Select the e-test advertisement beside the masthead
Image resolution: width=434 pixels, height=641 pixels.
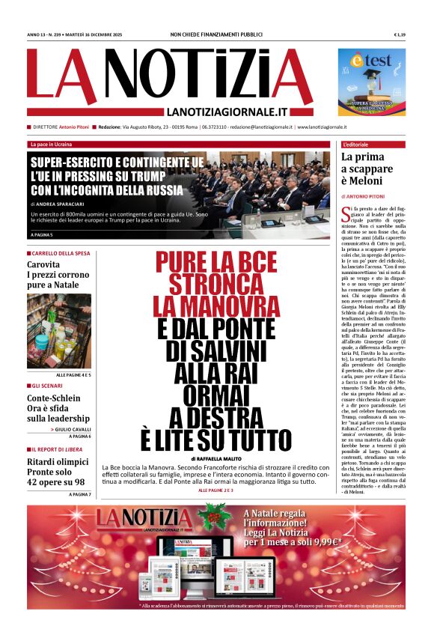coord(371,82)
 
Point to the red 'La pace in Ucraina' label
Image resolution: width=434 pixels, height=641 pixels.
coord(52,144)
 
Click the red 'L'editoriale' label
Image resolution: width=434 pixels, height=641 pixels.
coord(357,144)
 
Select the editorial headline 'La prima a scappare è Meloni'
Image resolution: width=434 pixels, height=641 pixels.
coord(367,169)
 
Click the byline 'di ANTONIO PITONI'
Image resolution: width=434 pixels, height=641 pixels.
coord(367,197)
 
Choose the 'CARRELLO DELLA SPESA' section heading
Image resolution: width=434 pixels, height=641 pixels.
coord(61,253)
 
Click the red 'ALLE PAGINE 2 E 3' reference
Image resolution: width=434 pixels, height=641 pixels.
coord(216,490)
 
